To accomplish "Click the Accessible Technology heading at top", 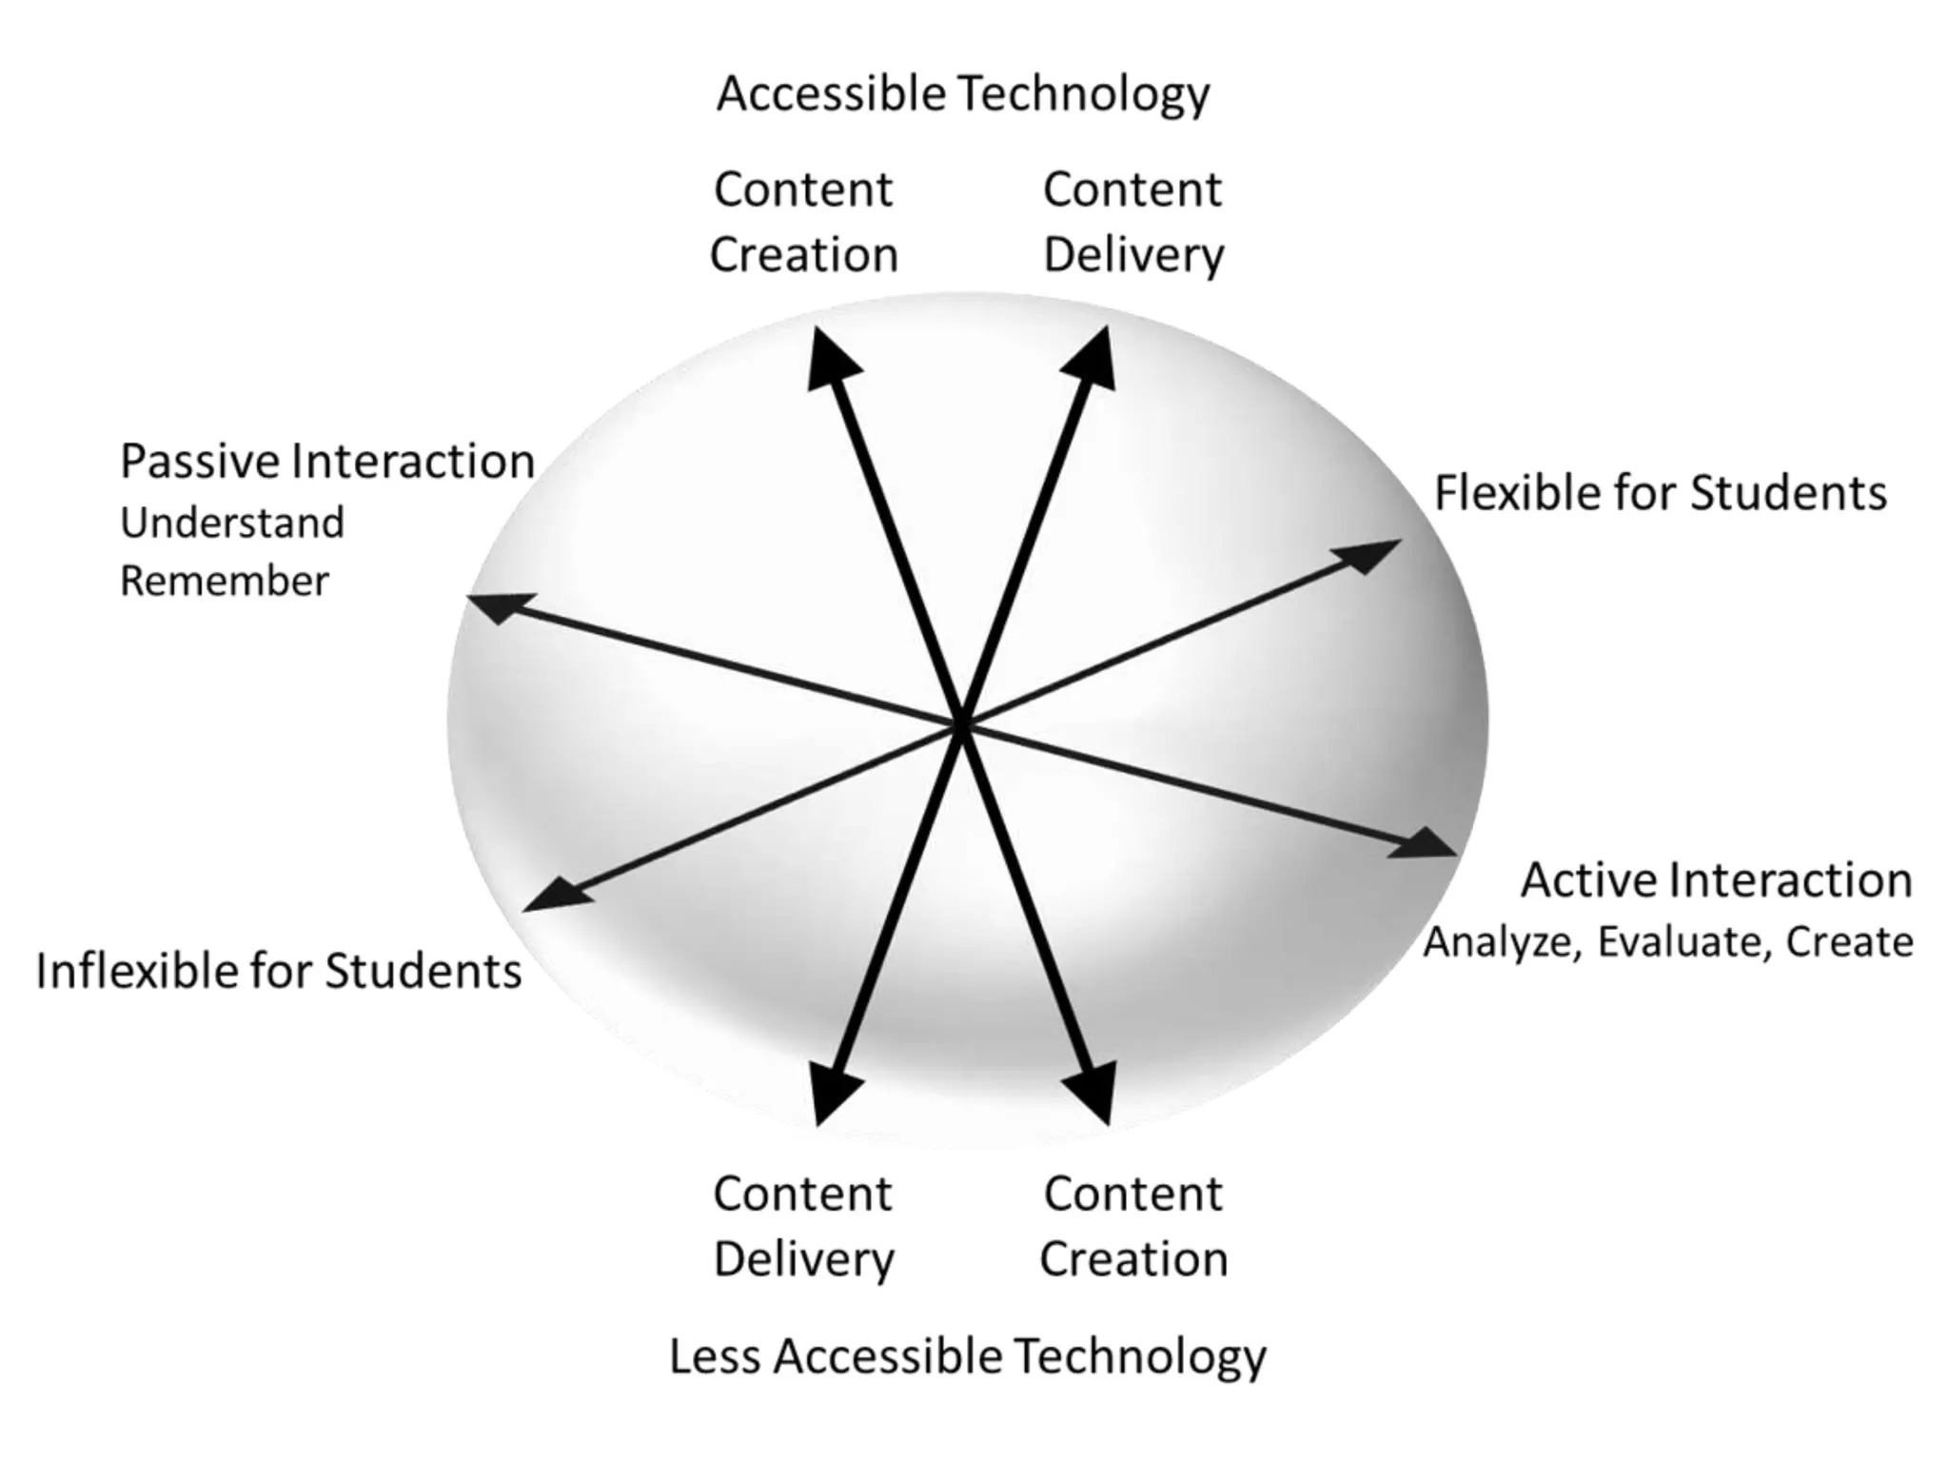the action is [x=962, y=94].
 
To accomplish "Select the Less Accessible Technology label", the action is [x=967, y=1355].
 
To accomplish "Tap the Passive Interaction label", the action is [x=326, y=462].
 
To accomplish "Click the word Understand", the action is [x=232, y=523].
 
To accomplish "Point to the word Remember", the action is [x=225, y=581].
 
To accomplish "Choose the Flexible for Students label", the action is [x=1660, y=493].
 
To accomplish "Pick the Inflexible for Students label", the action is [x=279, y=972].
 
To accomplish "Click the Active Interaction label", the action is [x=1716, y=880].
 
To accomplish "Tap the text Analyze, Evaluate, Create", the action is [x=1668, y=942].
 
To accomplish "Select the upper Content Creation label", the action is [x=804, y=222].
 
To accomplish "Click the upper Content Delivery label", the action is [x=1132, y=222].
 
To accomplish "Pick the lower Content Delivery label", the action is [x=804, y=1226].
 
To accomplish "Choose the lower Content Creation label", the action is [x=1132, y=1226].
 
